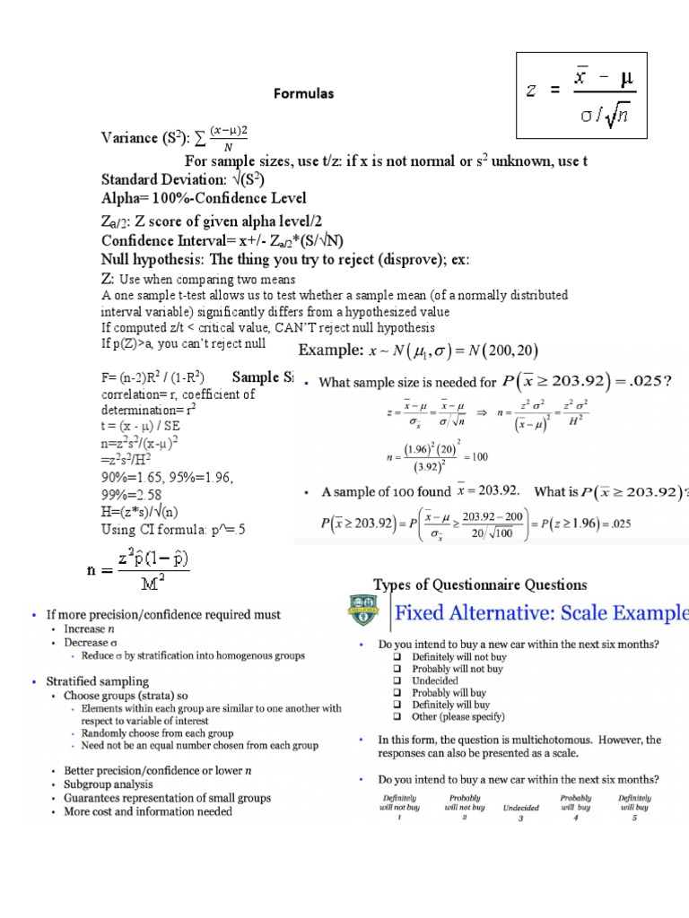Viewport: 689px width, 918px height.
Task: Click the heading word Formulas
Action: coord(303,93)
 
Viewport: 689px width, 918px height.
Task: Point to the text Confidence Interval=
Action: coord(170,240)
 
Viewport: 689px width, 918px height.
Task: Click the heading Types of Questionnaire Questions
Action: coord(480,585)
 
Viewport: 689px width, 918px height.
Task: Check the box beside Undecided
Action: coord(396,681)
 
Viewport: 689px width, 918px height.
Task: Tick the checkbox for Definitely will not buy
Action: coord(396,657)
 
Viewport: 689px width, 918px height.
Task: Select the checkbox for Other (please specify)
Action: coord(396,717)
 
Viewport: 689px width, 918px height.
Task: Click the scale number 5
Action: coord(634,818)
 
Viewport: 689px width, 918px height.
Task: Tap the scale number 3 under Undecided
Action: coord(520,818)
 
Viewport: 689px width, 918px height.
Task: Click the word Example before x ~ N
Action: coord(330,350)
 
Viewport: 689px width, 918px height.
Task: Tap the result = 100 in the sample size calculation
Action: coord(473,457)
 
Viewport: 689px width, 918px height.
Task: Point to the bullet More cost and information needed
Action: coord(148,811)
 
